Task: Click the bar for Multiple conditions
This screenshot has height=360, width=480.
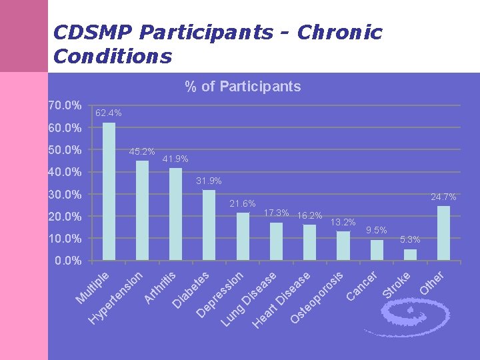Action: coord(109,191)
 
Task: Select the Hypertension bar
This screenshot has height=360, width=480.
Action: coord(142,210)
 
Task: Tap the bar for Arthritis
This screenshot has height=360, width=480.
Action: coord(175,214)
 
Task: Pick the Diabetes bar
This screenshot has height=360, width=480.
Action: coord(209,225)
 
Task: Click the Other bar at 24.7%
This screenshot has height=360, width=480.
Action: coord(443,233)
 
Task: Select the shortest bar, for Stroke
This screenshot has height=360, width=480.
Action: coord(410,255)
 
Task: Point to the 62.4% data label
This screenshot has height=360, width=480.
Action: coord(108,113)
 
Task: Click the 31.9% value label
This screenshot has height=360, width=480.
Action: coord(209,181)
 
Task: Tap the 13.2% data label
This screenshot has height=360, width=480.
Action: coord(343,222)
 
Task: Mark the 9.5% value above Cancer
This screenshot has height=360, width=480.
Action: coord(377,230)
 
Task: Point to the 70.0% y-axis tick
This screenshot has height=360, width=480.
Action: coord(65,105)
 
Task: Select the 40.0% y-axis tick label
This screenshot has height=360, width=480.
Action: coord(65,172)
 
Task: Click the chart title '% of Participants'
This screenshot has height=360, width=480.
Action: coord(243,87)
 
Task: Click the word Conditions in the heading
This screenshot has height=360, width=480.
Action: coord(112,57)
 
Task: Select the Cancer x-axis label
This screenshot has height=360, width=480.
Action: coord(363,285)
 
